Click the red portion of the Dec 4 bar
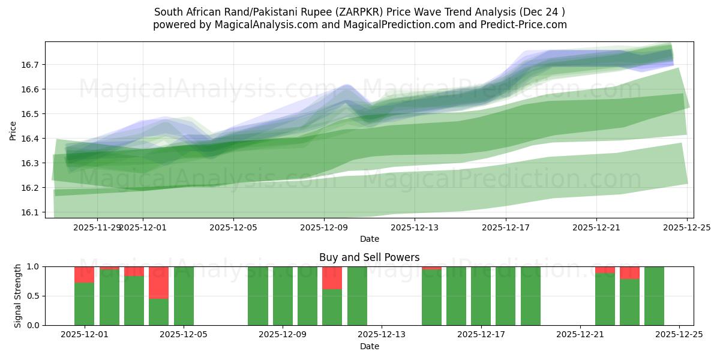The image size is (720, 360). click(158, 282)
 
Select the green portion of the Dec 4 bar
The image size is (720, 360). click(158, 311)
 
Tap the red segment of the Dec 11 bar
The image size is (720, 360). click(332, 278)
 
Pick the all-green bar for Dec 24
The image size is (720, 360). click(654, 296)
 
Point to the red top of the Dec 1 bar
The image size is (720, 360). click(84, 274)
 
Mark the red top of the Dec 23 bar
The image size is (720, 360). click(629, 272)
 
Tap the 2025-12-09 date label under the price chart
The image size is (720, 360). click(324, 227)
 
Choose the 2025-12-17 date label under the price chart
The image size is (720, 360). click(506, 227)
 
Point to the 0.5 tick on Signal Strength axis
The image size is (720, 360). click(34, 296)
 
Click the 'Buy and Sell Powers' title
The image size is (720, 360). click(369, 257)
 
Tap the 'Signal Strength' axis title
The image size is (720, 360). click(18, 295)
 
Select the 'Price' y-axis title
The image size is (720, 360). click(13, 130)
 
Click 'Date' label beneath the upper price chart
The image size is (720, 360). click(369, 239)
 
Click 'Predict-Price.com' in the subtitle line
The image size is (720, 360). click(526, 25)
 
